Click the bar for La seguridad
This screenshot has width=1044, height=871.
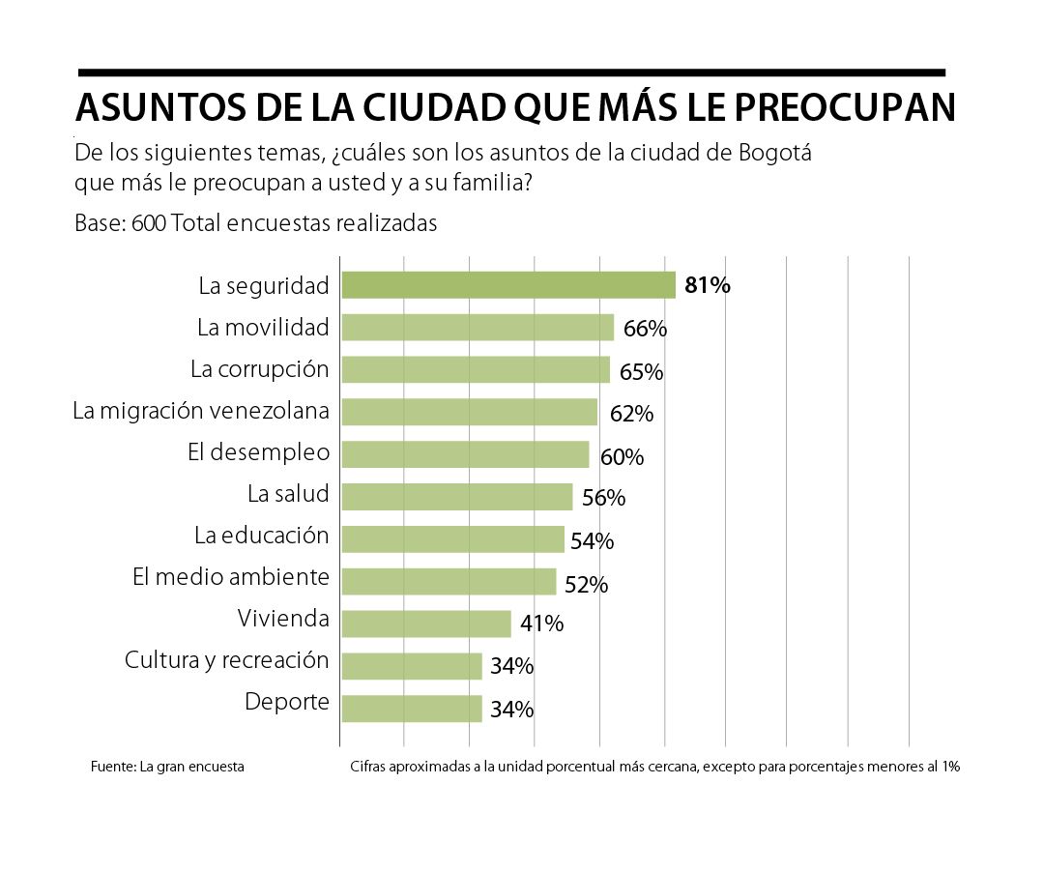tap(507, 285)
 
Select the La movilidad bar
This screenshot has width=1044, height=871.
tap(477, 328)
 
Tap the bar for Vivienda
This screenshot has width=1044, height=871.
tap(425, 624)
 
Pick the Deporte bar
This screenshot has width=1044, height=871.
tap(411, 709)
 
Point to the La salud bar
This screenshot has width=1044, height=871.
tap(456, 497)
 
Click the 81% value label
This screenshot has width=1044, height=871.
tap(708, 285)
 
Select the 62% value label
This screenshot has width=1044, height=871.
tap(631, 414)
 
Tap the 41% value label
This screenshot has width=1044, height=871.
tap(541, 624)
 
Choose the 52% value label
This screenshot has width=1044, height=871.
tap(586, 584)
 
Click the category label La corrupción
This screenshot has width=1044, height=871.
tap(259, 369)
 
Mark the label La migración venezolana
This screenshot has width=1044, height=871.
tap(201, 411)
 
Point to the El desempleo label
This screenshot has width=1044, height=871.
tap(258, 452)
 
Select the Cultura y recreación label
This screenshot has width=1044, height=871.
tap(227, 660)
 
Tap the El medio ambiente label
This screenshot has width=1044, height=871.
tap(231, 577)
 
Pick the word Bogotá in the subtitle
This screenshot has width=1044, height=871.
tap(779, 154)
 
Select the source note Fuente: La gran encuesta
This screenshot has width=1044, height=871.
tap(167, 767)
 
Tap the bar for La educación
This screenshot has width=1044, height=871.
tap(452, 538)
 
